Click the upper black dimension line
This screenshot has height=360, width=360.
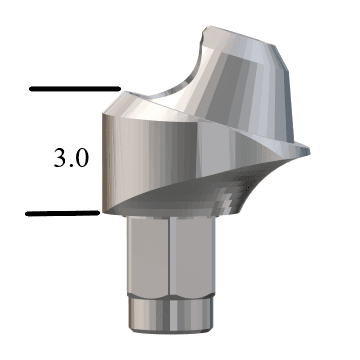75,89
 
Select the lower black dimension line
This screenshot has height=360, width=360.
62,213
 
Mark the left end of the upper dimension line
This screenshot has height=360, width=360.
31,89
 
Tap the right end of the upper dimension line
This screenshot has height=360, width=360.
120,89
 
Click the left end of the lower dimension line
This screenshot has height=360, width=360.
27,213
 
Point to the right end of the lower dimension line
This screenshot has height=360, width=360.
98,213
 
